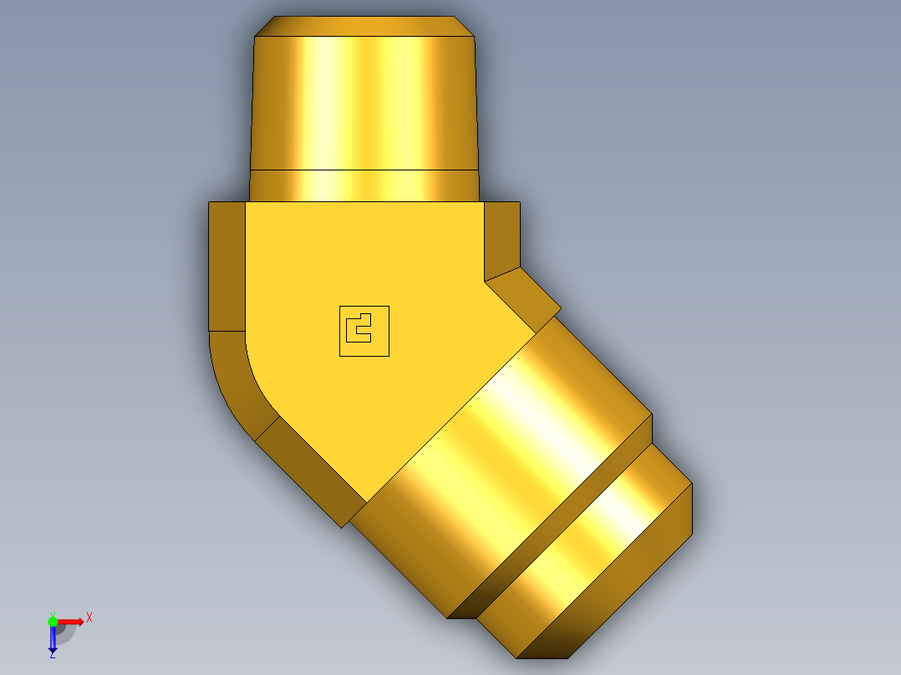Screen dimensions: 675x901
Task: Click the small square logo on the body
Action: pos(364,331)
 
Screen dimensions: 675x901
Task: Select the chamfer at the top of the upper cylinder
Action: pos(364,26)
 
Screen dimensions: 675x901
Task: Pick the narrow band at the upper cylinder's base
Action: pos(364,185)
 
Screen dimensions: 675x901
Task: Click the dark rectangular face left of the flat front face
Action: pos(227,266)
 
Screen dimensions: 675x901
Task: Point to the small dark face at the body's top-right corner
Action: pos(501,238)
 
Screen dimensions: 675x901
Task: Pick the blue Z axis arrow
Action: pos(52,640)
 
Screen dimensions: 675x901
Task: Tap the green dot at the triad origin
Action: pos(53,621)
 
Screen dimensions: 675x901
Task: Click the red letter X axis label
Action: pos(89,618)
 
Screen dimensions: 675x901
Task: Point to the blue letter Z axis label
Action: pos(52,656)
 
